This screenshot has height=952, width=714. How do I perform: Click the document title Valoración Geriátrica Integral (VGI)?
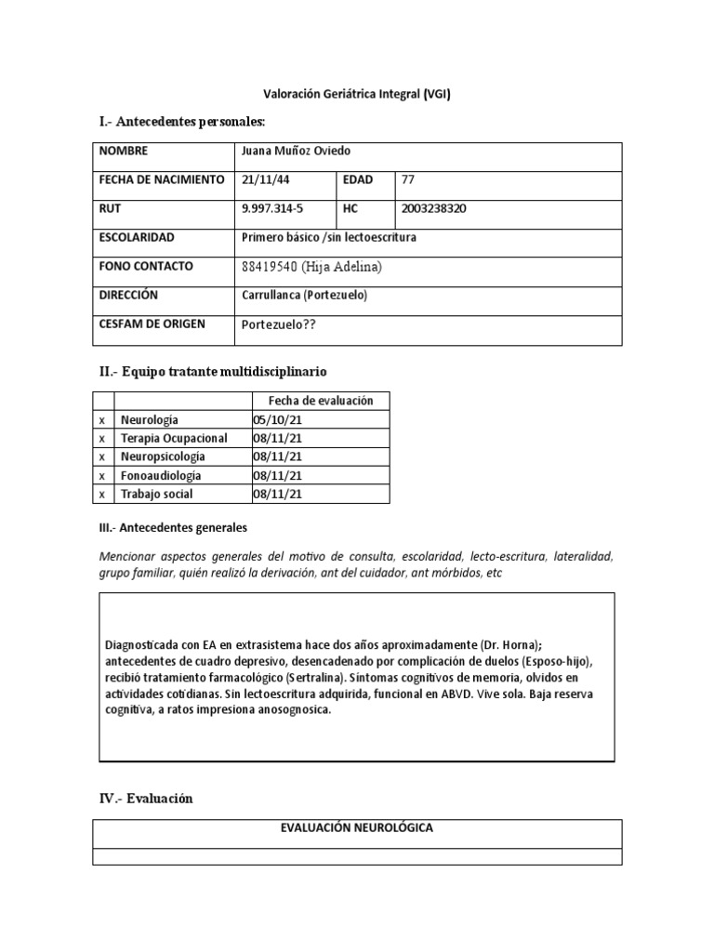coord(357,94)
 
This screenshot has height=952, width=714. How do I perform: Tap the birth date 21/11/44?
coord(263,179)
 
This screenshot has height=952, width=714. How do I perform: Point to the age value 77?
coord(408,179)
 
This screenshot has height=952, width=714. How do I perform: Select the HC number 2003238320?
coord(433,208)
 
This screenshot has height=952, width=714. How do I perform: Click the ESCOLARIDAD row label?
coord(136,237)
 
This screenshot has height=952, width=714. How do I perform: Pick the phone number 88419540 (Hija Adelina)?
coord(311,267)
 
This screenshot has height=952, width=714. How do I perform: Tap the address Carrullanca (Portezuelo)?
coord(304,295)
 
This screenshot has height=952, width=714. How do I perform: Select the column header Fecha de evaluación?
coord(320,401)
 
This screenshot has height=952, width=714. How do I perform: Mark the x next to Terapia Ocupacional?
coord(102,438)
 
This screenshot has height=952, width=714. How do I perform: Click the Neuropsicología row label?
coord(163,456)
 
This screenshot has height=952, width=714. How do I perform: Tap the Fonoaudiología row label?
coord(161,475)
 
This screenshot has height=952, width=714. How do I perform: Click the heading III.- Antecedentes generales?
coord(173,527)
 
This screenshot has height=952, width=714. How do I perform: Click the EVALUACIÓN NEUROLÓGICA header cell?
coord(357,827)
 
